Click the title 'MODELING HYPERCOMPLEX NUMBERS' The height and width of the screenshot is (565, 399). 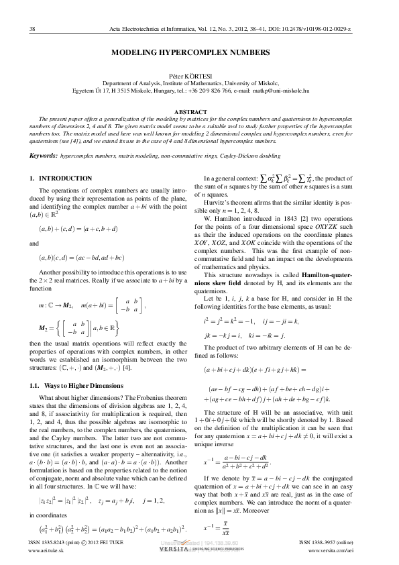tap(199, 52)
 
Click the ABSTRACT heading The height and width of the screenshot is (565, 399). tap(199, 111)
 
